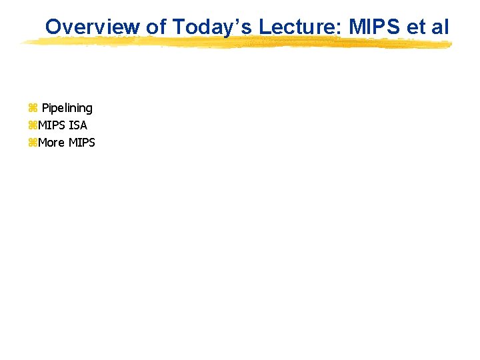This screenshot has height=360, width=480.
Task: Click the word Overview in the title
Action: coord(93,27)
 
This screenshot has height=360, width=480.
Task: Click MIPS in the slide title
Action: coord(370,27)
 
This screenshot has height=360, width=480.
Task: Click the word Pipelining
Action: coord(67,108)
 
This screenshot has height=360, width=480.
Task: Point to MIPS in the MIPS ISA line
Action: coord(52,125)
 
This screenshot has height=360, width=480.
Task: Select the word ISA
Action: coord(78,125)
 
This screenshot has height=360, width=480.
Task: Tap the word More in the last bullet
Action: coord(51,143)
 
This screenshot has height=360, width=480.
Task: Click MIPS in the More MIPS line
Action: coord(82,143)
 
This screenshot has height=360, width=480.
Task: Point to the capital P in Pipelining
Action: coord(45,108)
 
